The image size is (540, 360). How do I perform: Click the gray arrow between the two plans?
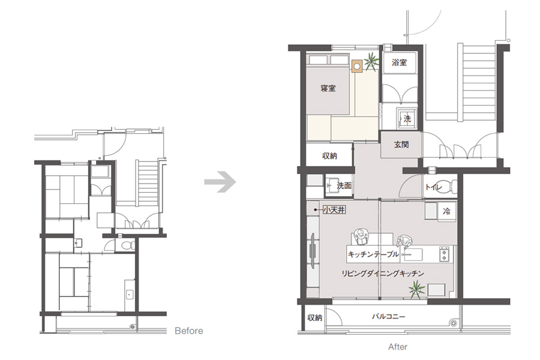click(220, 182)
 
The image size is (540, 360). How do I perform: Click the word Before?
click(189, 331)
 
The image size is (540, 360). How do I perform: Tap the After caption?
click(398, 347)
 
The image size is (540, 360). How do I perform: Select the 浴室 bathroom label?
click(399, 62)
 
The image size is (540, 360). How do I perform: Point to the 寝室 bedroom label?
click(328, 88)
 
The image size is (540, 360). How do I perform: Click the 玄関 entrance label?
click(401, 145)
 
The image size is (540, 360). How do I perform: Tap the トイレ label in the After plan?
click(433, 187)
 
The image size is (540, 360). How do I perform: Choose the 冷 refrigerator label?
click(446, 211)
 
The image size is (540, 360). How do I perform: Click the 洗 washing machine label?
click(407, 119)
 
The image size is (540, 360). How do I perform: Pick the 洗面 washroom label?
click(344, 185)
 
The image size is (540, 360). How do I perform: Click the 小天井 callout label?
click(334, 209)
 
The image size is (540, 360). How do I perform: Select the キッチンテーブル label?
click(373, 254)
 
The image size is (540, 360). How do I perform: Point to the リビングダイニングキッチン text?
click(383, 274)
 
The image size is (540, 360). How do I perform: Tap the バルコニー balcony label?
click(388, 316)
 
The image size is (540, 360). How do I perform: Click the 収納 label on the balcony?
click(315, 317)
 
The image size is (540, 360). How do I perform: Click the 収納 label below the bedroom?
click(329, 156)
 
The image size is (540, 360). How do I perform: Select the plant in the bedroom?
click(371, 61)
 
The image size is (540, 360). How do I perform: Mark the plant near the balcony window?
click(417, 289)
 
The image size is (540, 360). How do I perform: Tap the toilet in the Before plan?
click(128, 245)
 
